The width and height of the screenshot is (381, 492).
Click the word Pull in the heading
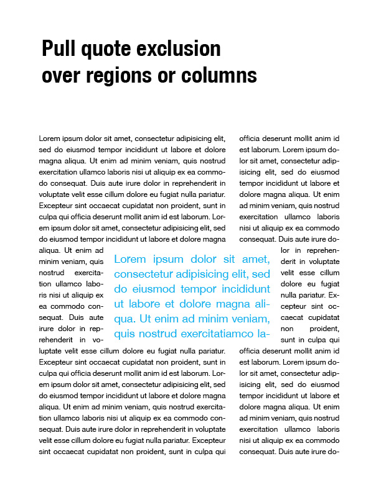click(57, 48)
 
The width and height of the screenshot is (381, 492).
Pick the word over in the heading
click(62, 76)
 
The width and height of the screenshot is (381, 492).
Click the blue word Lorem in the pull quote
click(129, 259)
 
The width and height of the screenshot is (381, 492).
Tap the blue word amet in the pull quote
click(255, 259)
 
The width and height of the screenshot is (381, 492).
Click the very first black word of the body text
click(49, 139)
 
